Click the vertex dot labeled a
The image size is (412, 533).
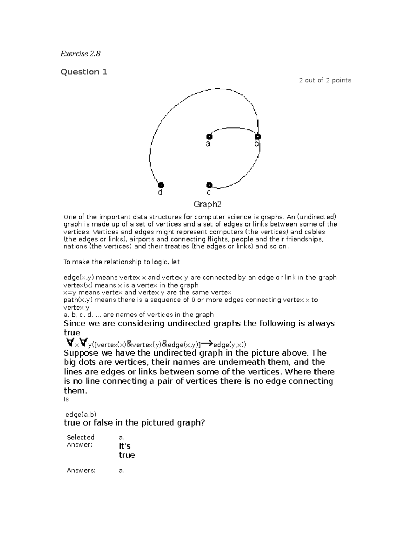point(209,137)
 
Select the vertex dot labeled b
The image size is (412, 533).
point(257,137)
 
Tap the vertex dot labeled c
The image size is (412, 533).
point(209,185)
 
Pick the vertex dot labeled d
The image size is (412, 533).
point(161,185)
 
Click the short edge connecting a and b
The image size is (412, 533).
point(233,129)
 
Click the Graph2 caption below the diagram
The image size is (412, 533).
point(207,205)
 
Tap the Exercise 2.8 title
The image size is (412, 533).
point(80,54)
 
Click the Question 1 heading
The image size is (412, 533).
point(84,72)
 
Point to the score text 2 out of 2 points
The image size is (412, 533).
point(325,80)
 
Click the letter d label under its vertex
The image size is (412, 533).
point(160,193)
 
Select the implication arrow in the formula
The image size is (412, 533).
point(207,343)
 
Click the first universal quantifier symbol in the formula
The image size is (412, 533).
point(70,343)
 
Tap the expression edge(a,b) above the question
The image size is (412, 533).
point(81,414)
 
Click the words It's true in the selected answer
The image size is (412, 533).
point(127,451)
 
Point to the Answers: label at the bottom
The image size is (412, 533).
point(81,471)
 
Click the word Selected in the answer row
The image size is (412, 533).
point(80,437)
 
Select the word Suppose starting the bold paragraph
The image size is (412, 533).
point(80,353)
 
